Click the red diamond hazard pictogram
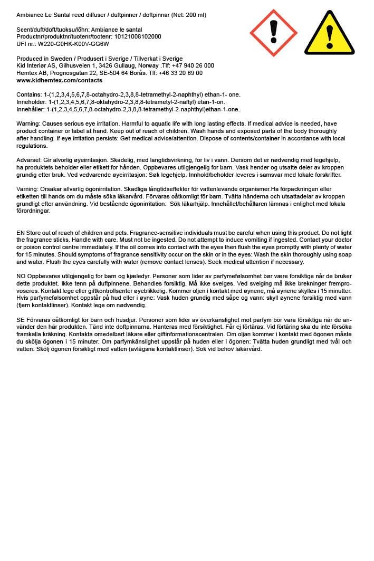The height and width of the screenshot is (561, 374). [x=273, y=33]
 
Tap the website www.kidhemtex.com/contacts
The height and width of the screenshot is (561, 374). [x=60, y=81]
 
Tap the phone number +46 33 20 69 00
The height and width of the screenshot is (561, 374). [x=181, y=73]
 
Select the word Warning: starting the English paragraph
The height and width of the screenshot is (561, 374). [x=30, y=123]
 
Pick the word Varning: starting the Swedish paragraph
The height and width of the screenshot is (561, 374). [x=28, y=189]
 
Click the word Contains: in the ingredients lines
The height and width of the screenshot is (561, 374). [x=29, y=94]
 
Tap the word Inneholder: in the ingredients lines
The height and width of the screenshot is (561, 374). [x=31, y=102]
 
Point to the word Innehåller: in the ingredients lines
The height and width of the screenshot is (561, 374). [x=31, y=109]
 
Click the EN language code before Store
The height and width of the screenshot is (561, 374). [x=21, y=233]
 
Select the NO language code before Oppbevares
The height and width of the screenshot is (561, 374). [x=21, y=276]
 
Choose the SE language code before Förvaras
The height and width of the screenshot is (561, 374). [x=21, y=320]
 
